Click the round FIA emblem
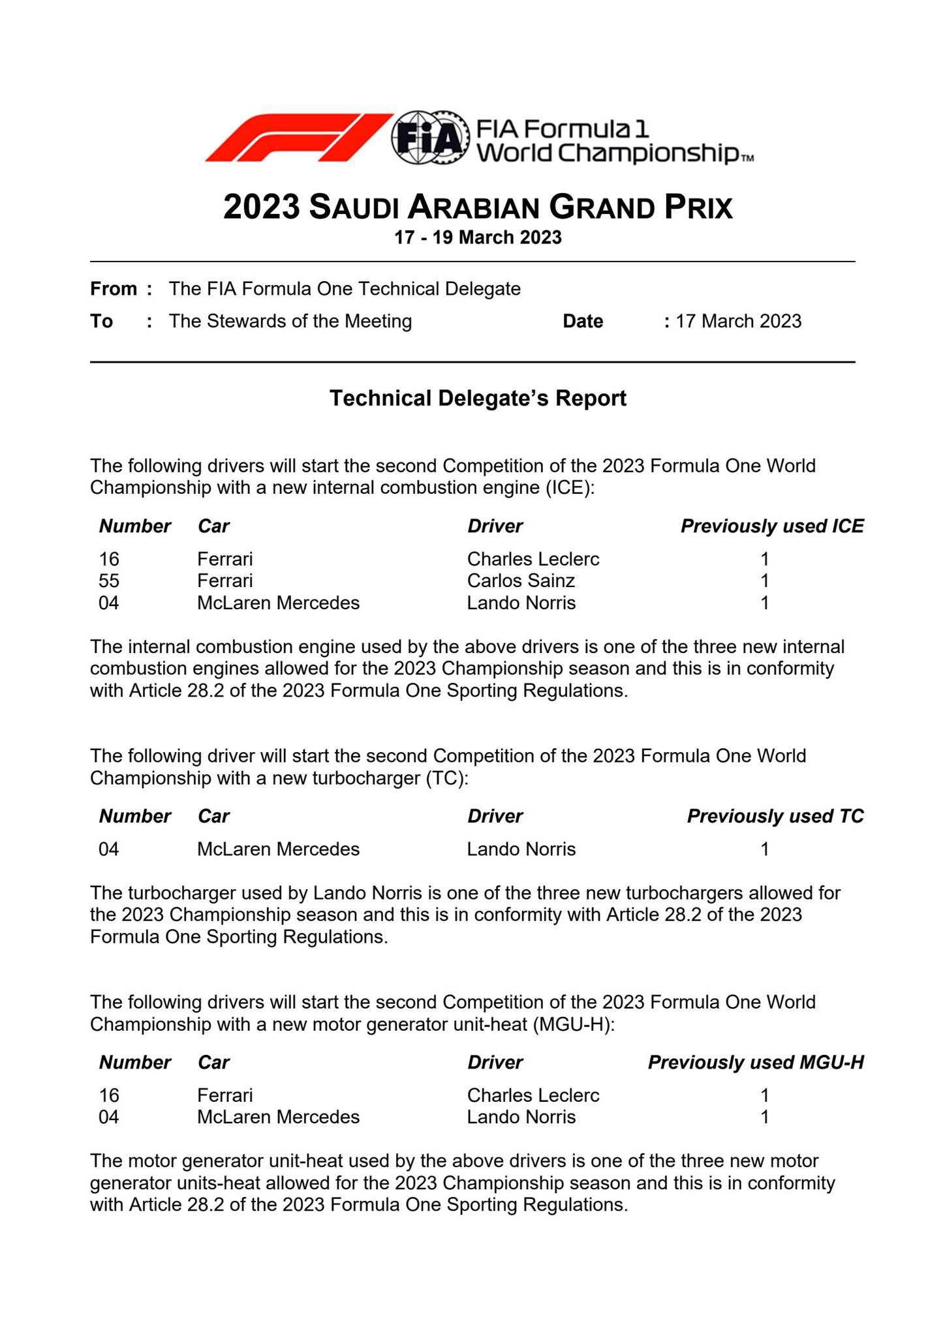pos(430,138)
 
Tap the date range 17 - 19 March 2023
pos(478,237)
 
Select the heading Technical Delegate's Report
pos(478,399)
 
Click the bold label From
pos(114,289)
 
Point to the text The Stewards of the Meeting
pos(290,322)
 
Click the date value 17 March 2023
pos(738,322)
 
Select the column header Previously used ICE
pos(772,526)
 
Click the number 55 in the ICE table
pos(109,581)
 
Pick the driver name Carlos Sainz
pos(521,581)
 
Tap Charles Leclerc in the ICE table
pos(533,560)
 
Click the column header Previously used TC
pos(775,817)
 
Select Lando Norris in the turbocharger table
pos(521,849)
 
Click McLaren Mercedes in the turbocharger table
pos(278,849)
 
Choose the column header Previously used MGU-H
pos(756,1063)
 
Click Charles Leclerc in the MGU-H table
pos(533,1095)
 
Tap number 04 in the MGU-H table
pos(109,1117)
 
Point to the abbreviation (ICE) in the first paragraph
pos(570,489)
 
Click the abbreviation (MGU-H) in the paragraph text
pos(573,1025)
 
